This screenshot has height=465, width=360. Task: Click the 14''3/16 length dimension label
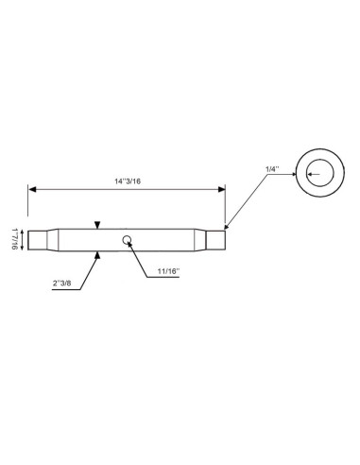coord(128,181)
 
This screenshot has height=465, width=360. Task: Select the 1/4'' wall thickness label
coord(272,169)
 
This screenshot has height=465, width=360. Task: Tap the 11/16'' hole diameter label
coord(168,271)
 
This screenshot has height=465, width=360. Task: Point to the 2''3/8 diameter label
coord(61,283)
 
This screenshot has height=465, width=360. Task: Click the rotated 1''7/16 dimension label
coord(14,239)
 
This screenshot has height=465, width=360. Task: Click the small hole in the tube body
coord(127,240)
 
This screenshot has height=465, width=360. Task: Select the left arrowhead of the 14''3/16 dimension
coord(32,189)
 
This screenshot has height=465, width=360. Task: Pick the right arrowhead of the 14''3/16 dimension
coord(222,189)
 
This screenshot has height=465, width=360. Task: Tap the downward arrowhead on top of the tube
coord(97,225)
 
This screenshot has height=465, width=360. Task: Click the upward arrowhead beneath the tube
coord(97,255)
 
